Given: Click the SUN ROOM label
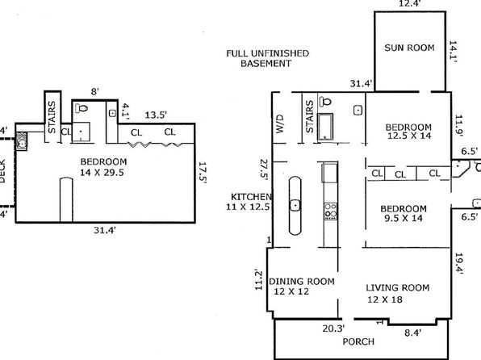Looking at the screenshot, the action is [x=409, y=48].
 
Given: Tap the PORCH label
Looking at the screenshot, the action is [x=358, y=341].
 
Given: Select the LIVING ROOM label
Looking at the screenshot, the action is [x=398, y=288].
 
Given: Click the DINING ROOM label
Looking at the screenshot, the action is [x=302, y=282].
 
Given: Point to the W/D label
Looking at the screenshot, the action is [x=279, y=123].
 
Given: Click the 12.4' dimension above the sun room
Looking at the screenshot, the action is [x=409, y=4].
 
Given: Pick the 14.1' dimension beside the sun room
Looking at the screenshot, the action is [x=454, y=52].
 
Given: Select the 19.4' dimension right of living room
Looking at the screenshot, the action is [x=459, y=264].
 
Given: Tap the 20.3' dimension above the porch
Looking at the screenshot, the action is [x=333, y=329].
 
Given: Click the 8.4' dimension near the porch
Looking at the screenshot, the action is [x=413, y=333].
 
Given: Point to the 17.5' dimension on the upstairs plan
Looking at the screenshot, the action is [x=203, y=173].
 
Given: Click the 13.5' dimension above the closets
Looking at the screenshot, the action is [x=156, y=115].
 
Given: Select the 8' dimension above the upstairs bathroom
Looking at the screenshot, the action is [x=94, y=92].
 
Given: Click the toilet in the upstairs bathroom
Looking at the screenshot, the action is [x=82, y=108].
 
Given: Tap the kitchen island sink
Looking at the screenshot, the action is [x=295, y=205].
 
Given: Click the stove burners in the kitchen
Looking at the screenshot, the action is [x=331, y=211].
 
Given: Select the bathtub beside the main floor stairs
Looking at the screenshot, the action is [x=325, y=127].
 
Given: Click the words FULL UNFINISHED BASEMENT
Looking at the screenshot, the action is [x=267, y=58].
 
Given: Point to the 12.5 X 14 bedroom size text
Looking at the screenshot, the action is [x=409, y=136].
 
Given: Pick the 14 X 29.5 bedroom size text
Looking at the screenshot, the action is [x=102, y=173].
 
